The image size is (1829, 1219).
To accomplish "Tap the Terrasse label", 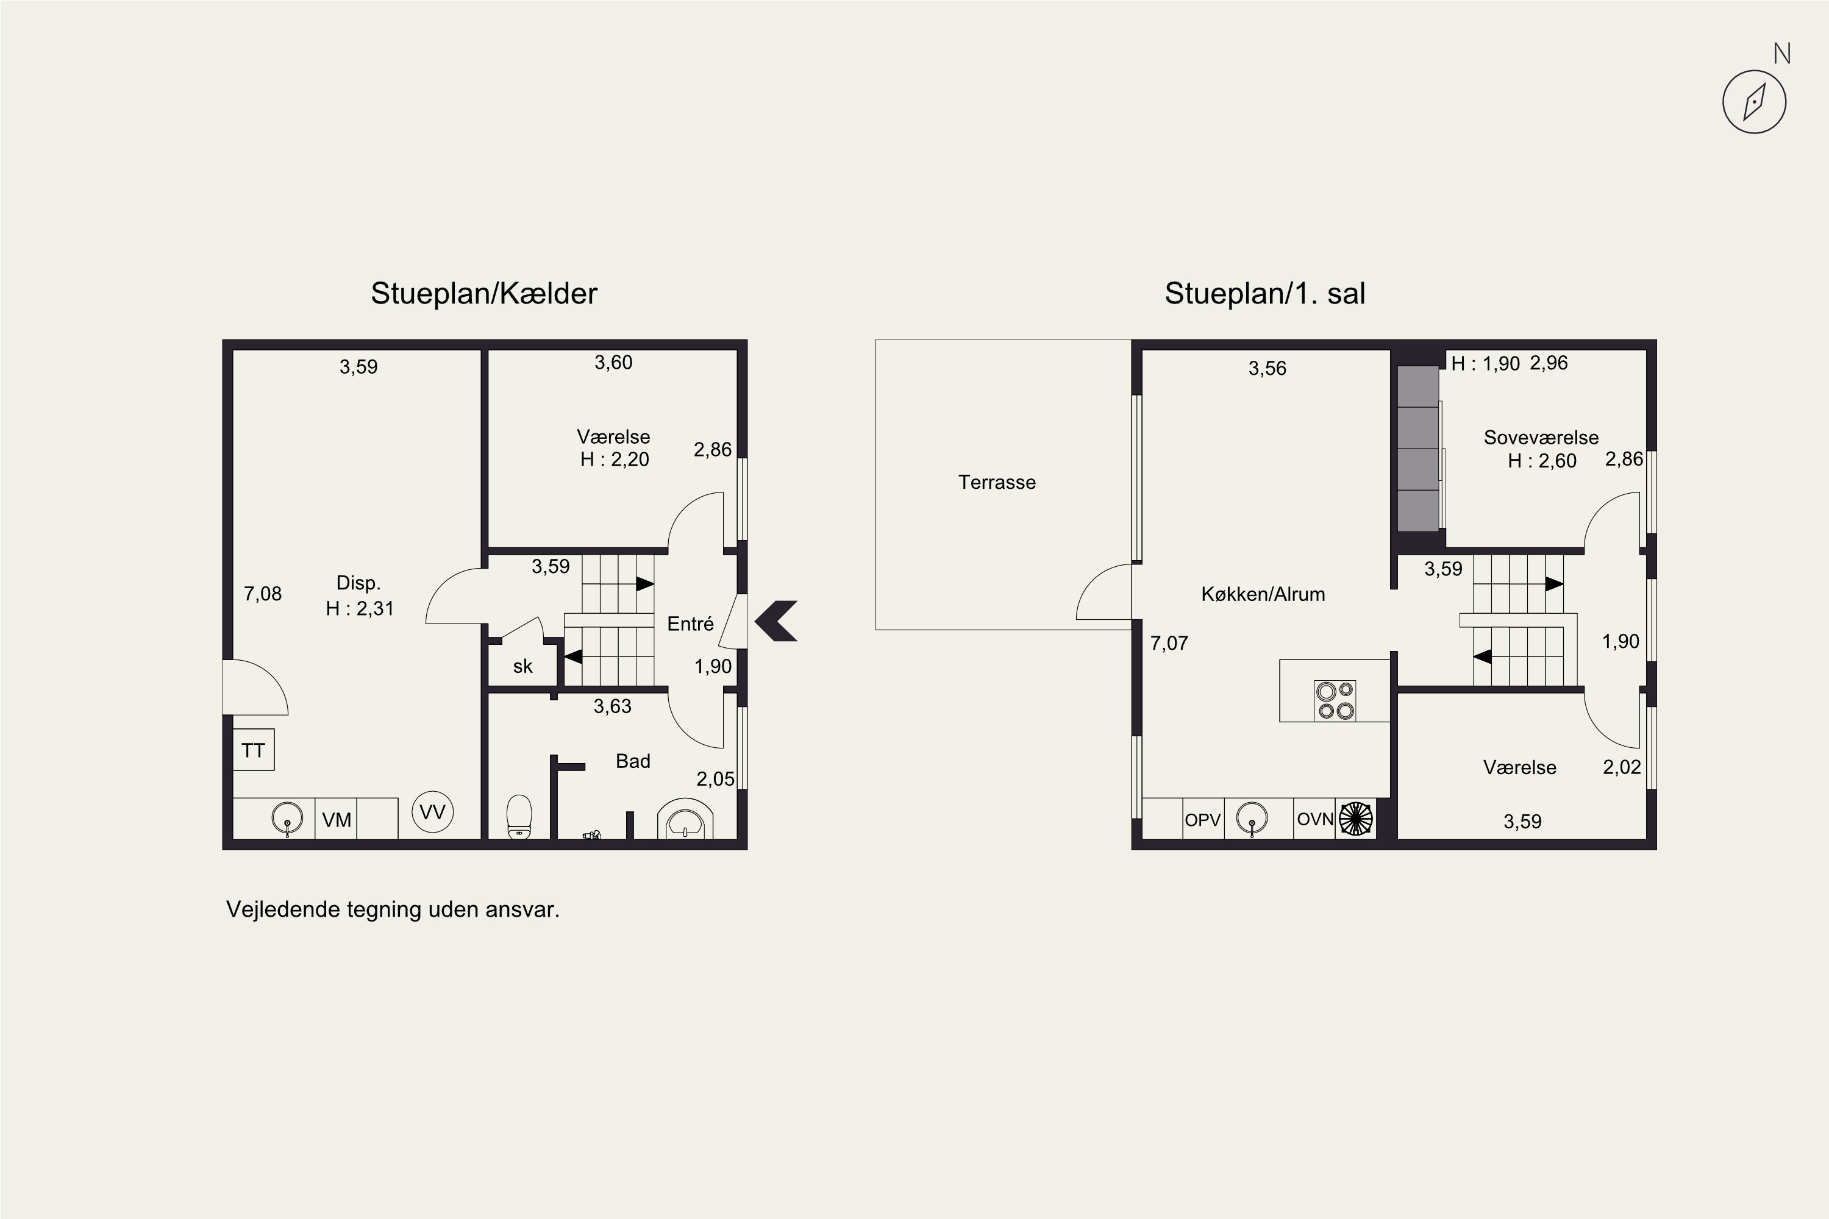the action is (x=997, y=483).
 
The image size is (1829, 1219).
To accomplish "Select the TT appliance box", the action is (x=254, y=750).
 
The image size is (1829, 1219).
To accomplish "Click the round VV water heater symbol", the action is (x=432, y=812).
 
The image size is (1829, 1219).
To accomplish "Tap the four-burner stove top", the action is (x=1335, y=700).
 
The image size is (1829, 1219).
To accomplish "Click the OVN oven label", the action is (x=1315, y=819).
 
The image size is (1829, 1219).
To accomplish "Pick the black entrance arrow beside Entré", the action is (x=776, y=621).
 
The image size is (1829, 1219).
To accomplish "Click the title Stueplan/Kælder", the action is (x=483, y=294).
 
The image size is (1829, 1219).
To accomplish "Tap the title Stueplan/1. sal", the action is (x=1264, y=294).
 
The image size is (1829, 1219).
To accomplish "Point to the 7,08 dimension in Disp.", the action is (x=263, y=594).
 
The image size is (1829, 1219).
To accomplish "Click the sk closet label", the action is (x=522, y=666).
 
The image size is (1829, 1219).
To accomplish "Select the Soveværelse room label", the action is (x=1541, y=438).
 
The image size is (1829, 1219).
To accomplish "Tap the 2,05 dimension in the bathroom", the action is (x=715, y=779).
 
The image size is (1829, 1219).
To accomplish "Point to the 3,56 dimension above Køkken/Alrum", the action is (x=1267, y=369).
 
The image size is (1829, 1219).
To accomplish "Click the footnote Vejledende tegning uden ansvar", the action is (x=393, y=909).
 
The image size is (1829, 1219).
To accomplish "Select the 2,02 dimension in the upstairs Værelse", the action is (x=1622, y=767).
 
